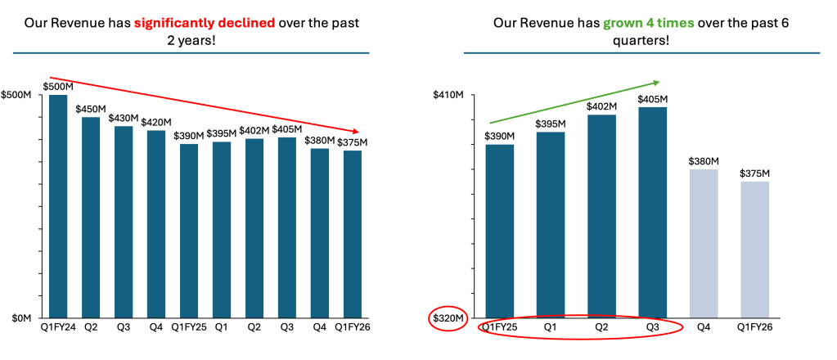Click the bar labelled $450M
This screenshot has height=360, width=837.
90,217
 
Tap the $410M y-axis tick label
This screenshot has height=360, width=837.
448,96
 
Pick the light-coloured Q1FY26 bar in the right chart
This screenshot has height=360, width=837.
754,249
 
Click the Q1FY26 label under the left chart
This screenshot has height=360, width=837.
352,327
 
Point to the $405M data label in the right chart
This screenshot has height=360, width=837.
653,99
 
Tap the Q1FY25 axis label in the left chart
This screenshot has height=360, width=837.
188,327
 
